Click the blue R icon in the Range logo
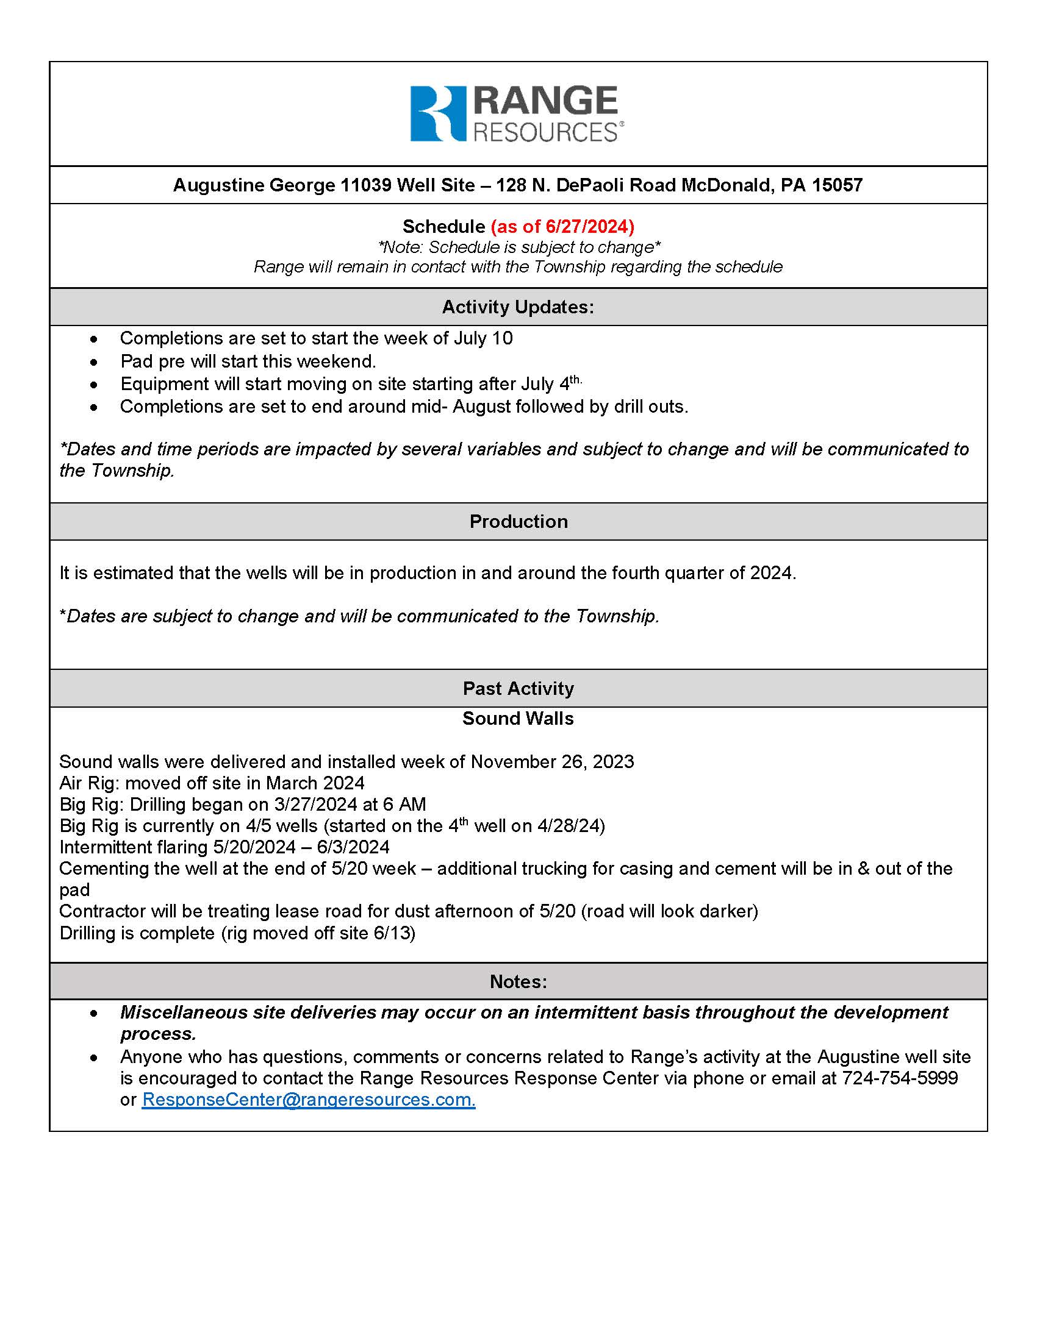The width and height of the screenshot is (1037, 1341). click(x=438, y=113)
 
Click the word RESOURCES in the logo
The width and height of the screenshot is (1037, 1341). click(x=545, y=133)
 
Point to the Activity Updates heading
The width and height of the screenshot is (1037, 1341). click(x=518, y=307)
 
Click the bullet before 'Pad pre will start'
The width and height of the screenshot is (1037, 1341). click(x=93, y=362)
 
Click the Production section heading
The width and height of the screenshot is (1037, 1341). click(x=518, y=521)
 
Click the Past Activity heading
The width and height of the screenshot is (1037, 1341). click(x=518, y=688)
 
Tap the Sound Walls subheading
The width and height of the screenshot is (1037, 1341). click(x=518, y=719)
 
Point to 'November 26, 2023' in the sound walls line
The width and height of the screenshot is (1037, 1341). click(x=551, y=762)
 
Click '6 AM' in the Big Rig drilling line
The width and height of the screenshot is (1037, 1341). click(x=406, y=805)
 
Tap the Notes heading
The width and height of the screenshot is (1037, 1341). click(x=518, y=982)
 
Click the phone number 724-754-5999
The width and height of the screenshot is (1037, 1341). click(x=899, y=1078)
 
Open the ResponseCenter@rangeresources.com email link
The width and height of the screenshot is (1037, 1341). click(x=309, y=1100)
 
